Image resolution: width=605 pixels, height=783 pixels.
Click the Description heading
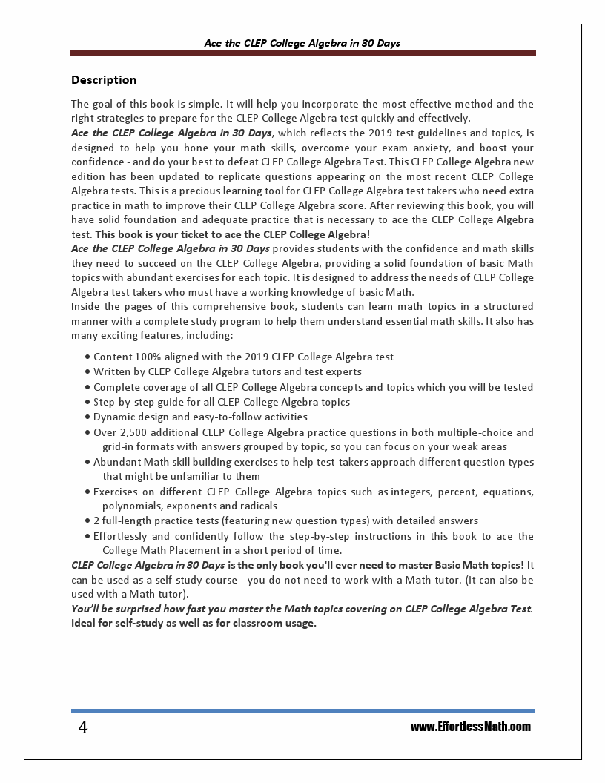[104, 80]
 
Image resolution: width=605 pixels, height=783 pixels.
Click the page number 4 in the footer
[83, 728]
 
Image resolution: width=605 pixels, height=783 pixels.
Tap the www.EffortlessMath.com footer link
[471, 727]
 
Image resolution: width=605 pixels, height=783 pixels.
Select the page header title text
[302, 43]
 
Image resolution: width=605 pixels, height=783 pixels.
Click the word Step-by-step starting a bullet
[121, 402]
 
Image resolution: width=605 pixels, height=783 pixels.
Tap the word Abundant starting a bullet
[116, 462]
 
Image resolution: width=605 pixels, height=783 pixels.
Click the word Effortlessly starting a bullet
[122, 536]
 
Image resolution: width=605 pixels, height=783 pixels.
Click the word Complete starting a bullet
[116, 387]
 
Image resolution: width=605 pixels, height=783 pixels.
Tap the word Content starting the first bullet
[113, 357]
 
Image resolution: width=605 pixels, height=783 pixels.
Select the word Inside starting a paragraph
[86, 306]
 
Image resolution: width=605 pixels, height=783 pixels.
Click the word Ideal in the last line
[84, 623]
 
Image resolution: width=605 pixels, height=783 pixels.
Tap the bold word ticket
[183, 234]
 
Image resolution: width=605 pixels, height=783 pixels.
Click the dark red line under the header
[302, 53]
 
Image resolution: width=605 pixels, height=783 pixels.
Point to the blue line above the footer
[302, 710]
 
